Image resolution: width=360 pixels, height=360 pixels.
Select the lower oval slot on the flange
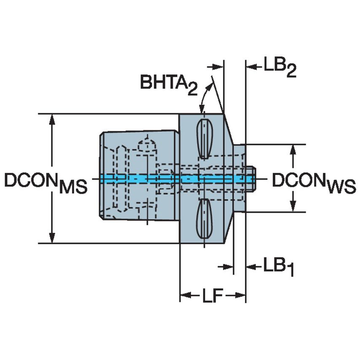pos(204,218)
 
